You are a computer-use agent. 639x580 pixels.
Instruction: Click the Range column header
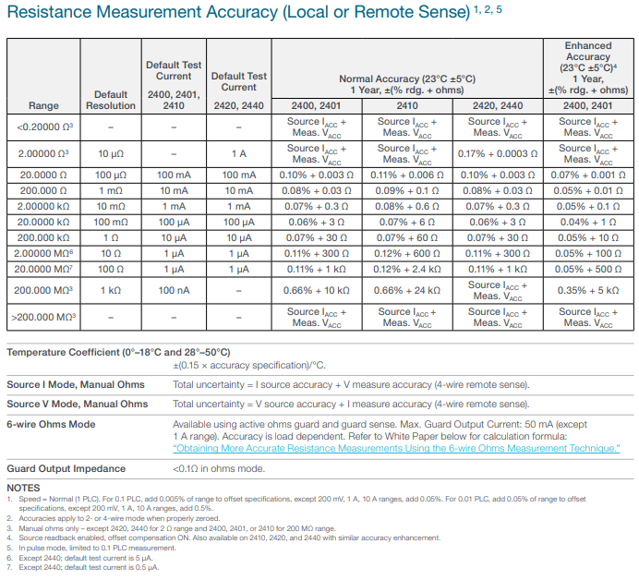(x=43, y=105)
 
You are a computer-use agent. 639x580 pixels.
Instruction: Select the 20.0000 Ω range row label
(x=43, y=175)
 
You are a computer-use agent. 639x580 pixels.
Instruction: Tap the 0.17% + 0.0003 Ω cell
(x=498, y=153)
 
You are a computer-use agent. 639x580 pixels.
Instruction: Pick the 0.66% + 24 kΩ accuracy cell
(x=407, y=290)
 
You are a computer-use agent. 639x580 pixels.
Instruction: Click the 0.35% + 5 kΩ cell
(x=588, y=290)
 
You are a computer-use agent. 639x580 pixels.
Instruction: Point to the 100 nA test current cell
(x=174, y=290)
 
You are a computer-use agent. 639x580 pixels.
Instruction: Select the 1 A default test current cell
(x=239, y=153)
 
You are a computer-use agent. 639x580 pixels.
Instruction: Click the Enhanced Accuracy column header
(x=588, y=67)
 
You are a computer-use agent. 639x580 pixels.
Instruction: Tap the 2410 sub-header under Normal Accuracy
(x=407, y=105)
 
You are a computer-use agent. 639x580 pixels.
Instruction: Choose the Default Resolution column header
(x=111, y=100)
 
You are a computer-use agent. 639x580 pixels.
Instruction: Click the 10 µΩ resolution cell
(x=111, y=153)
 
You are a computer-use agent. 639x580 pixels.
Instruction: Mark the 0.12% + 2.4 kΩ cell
(x=407, y=269)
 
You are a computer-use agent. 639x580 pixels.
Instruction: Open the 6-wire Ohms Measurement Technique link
(x=396, y=448)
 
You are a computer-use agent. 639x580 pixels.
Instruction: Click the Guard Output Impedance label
(x=66, y=469)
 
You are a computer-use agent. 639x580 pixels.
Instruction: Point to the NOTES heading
(x=23, y=488)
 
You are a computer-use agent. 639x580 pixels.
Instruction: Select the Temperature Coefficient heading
(x=118, y=352)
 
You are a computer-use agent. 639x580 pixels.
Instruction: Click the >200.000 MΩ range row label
(x=43, y=317)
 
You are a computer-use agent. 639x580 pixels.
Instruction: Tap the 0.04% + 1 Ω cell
(x=588, y=223)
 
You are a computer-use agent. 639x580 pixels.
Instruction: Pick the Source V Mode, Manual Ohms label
(x=78, y=404)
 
